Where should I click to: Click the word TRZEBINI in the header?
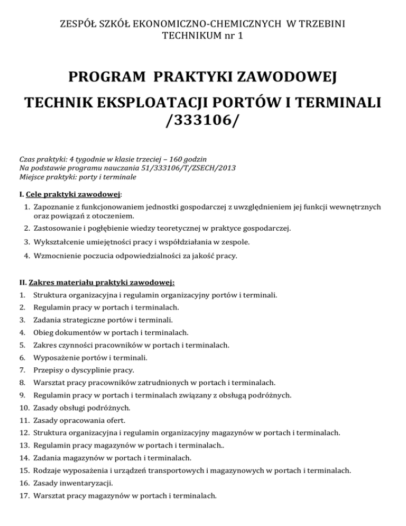323,24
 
